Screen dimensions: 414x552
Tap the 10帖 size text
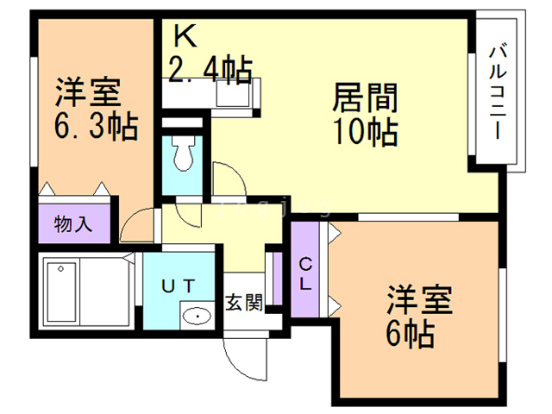pyautogui.click(x=364, y=132)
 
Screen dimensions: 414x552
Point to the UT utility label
pyautogui.click(x=180, y=285)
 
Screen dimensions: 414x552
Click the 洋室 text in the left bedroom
pyautogui.click(x=90, y=92)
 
